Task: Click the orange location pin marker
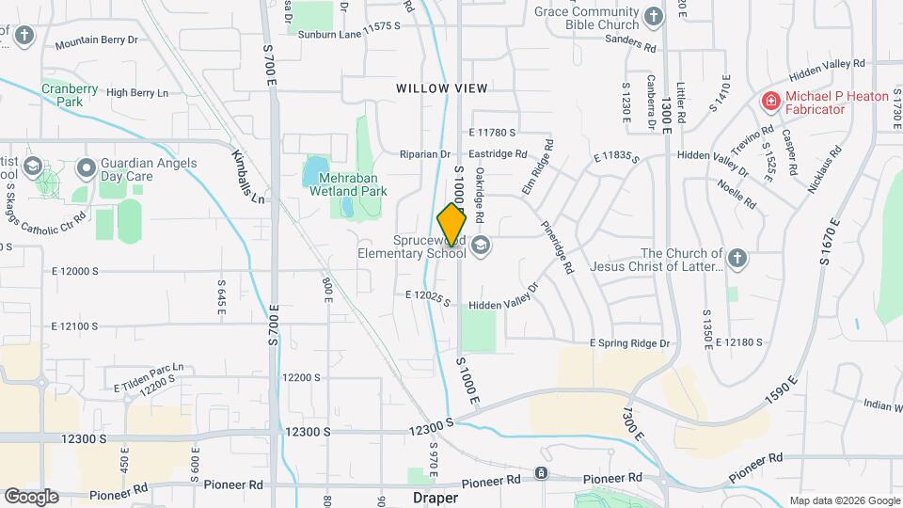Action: point(451,225)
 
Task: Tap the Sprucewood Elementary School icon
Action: point(482,246)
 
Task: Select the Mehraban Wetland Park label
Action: point(348,183)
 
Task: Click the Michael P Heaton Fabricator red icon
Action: point(770,99)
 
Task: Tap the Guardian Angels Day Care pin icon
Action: point(87,168)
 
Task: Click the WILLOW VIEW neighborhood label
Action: point(441,88)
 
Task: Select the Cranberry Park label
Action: point(69,94)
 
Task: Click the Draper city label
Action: point(436,497)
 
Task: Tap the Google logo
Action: point(31,497)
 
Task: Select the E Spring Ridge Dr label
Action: point(629,343)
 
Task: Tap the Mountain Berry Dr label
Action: point(96,43)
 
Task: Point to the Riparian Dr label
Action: point(426,154)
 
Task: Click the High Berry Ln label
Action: point(137,92)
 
